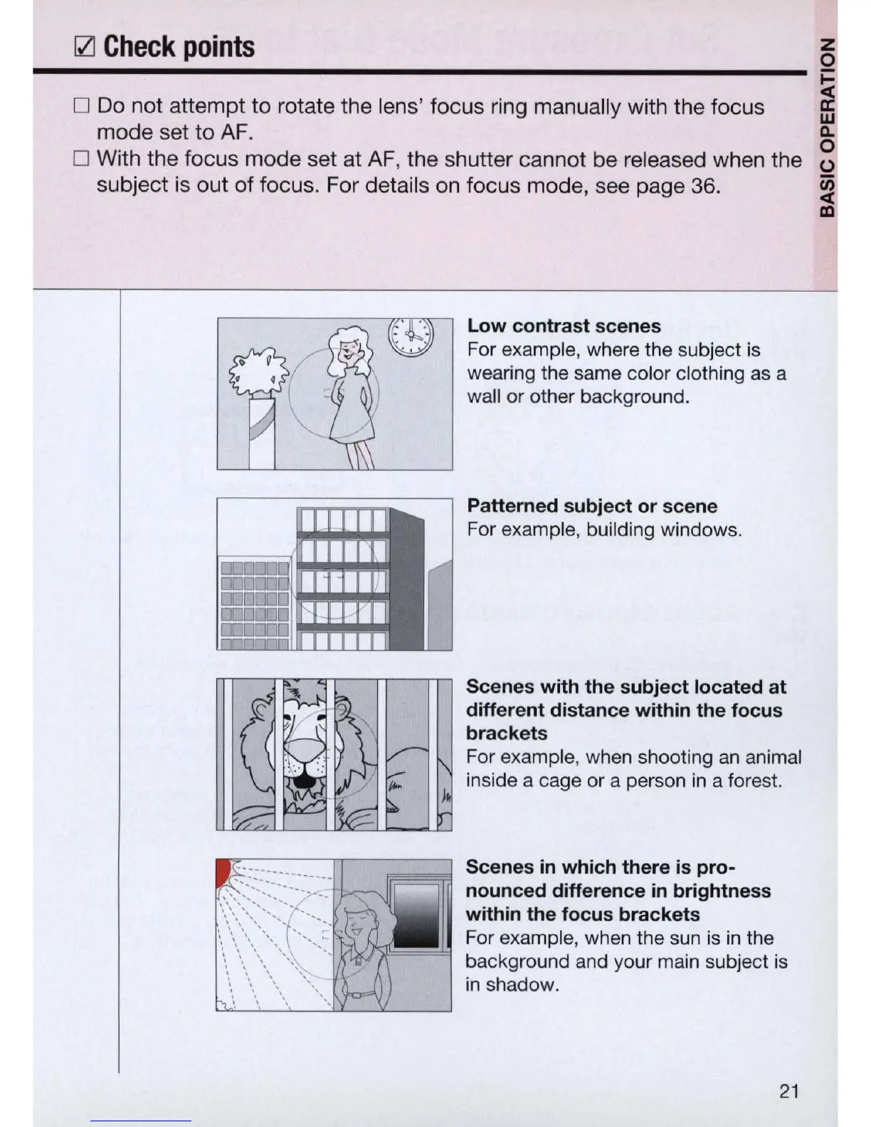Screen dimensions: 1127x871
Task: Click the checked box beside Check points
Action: point(84,48)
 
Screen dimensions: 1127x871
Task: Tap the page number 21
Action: point(788,1091)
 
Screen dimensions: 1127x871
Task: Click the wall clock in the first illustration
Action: point(411,335)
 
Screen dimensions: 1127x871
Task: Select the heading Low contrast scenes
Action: point(564,326)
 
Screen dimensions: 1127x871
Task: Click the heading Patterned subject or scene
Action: point(592,506)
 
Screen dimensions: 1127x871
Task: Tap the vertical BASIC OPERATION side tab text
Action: point(827,126)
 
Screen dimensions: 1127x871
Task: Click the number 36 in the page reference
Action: point(703,186)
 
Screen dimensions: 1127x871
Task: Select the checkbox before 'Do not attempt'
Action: point(81,106)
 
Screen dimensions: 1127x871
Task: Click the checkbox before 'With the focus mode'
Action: point(81,158)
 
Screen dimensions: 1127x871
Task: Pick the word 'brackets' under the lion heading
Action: point(507,734)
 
